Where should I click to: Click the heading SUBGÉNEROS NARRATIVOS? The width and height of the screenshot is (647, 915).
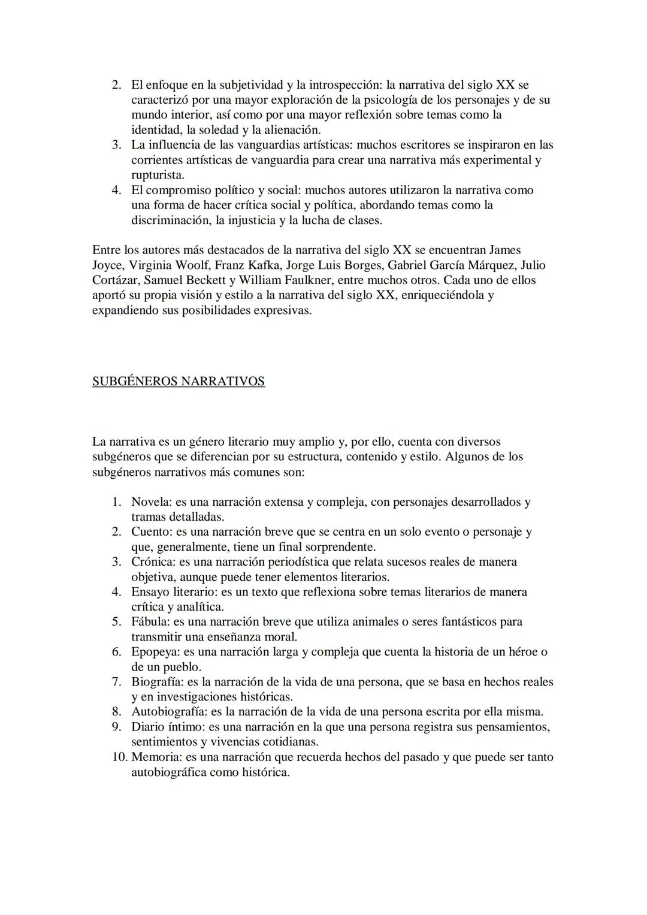(179, 382)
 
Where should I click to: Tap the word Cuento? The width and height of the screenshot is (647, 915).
(150, 532)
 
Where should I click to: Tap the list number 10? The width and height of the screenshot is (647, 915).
(119, 757)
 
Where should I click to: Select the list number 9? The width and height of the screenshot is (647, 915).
(117, 727)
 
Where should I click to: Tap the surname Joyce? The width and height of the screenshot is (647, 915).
(106, 265)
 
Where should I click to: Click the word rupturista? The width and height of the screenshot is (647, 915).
(157, 175)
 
